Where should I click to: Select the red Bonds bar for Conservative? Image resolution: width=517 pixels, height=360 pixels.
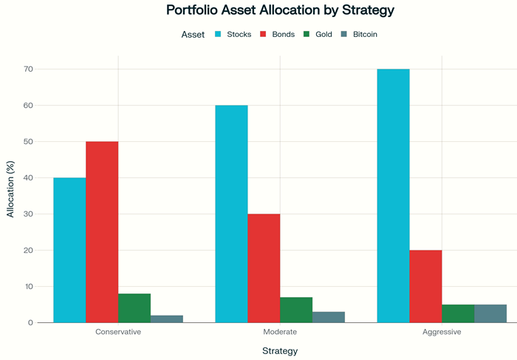pos(102,232)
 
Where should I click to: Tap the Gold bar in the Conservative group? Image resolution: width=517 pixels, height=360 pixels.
pos(134,308)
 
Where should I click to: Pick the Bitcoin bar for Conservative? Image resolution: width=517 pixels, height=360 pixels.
pos(167,319)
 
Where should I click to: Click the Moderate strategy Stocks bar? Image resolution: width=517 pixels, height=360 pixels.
pos(231,214)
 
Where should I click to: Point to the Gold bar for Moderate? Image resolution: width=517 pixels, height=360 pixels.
pos(296,310)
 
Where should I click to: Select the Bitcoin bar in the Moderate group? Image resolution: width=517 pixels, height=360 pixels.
pos(329,317)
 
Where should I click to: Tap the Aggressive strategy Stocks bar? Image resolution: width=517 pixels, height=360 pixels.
pos(393,196)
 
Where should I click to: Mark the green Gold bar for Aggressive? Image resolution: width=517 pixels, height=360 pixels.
pos(458,313)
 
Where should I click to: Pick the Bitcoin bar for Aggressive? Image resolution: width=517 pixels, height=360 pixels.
pos(490,313)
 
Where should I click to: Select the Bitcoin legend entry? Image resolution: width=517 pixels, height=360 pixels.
pos(365,34)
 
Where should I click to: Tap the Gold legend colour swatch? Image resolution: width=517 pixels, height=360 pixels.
pos(307,34)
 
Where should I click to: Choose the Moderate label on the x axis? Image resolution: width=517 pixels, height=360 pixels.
pos(280,332)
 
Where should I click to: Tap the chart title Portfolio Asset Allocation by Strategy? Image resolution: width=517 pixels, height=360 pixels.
pos(280,11)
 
